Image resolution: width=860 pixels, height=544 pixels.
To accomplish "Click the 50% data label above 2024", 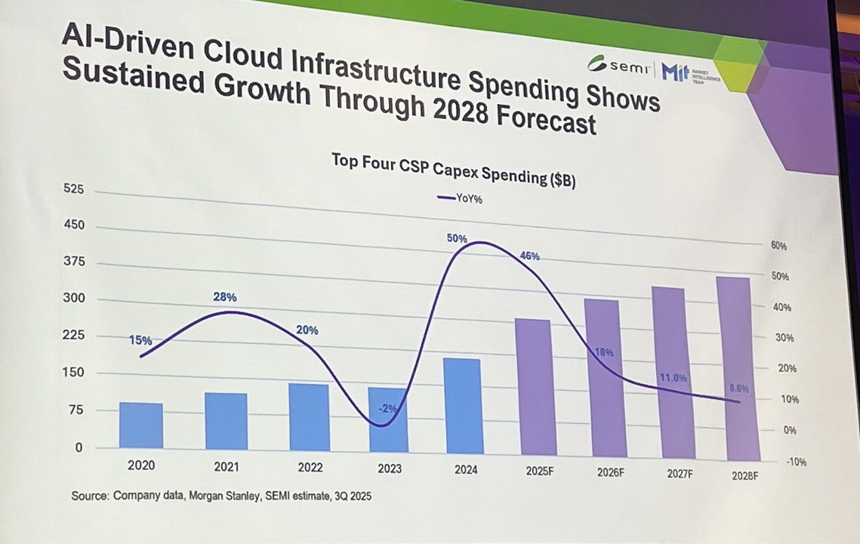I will pos(457,239).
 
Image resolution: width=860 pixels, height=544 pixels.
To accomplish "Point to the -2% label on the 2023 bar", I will pos(388,409).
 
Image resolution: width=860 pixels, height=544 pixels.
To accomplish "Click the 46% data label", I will pos(530,257).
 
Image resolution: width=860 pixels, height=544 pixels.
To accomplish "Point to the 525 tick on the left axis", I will pos(74,190).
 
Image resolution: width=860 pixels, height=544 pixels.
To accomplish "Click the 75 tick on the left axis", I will pos(77,410).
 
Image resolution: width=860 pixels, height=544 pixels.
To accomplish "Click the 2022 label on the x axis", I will pos(310,467).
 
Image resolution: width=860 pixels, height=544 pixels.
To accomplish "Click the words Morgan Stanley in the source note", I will pos(214,496).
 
